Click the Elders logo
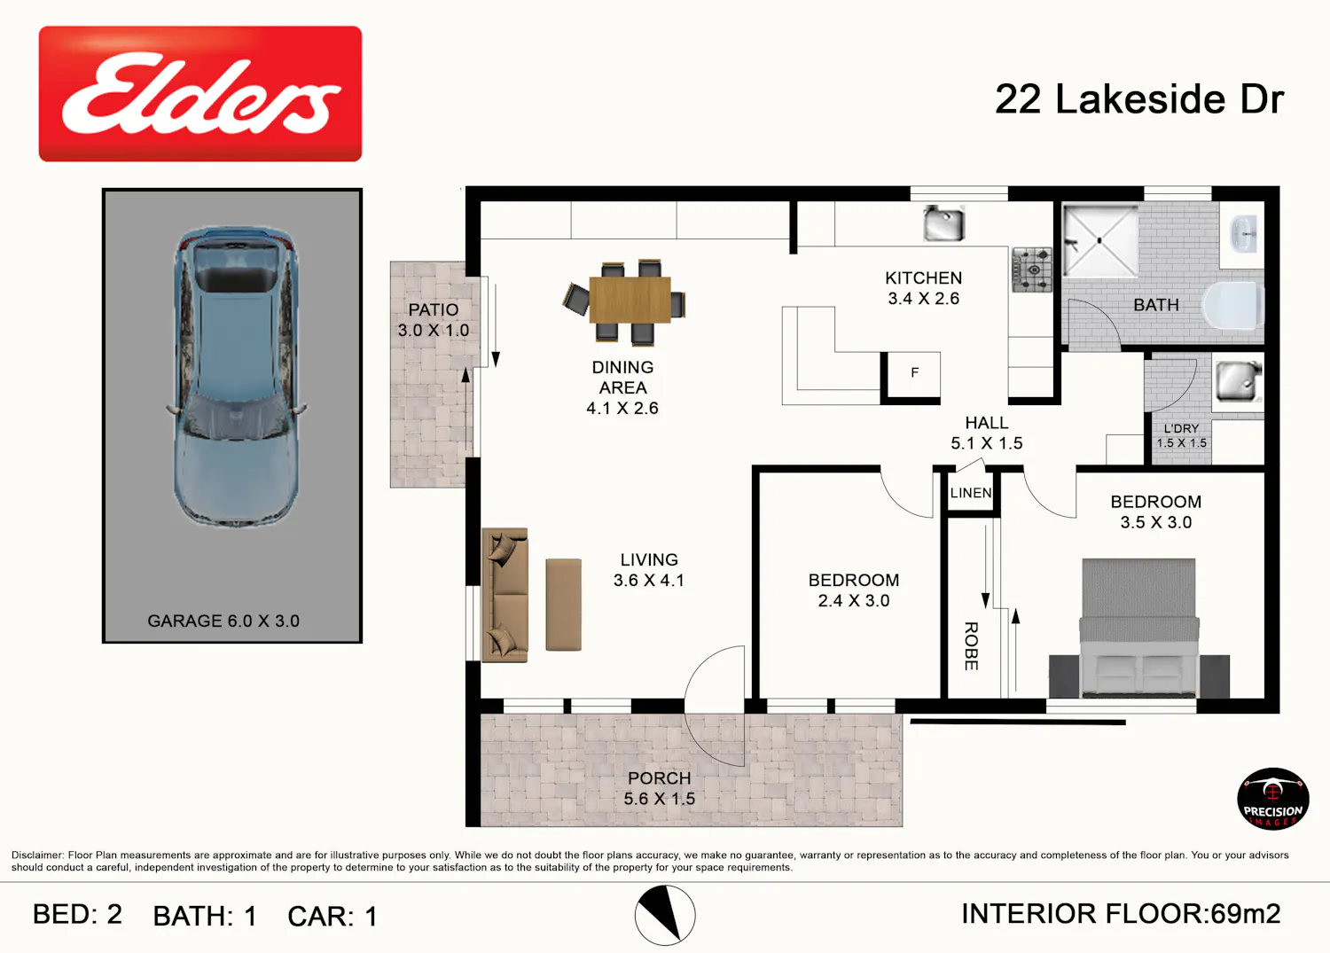coord(200,94)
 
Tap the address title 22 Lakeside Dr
coord(1139,99)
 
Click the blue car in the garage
coord(237,376)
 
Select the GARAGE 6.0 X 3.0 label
coord(223,621)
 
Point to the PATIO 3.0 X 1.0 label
coord(434,319)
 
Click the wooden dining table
coord(630,300)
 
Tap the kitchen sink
coord(943,223)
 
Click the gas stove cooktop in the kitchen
coord(1032,270)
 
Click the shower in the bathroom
coord(1100,240)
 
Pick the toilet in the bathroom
coord(1232,304)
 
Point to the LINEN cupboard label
coord(971,493)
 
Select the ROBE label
coord(971,646)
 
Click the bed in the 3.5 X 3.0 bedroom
coord(1138,628)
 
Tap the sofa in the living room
coord(505,595)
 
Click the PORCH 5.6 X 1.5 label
coord(659,788)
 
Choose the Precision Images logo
coord(1273,798)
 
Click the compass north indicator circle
coord(665,916)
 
